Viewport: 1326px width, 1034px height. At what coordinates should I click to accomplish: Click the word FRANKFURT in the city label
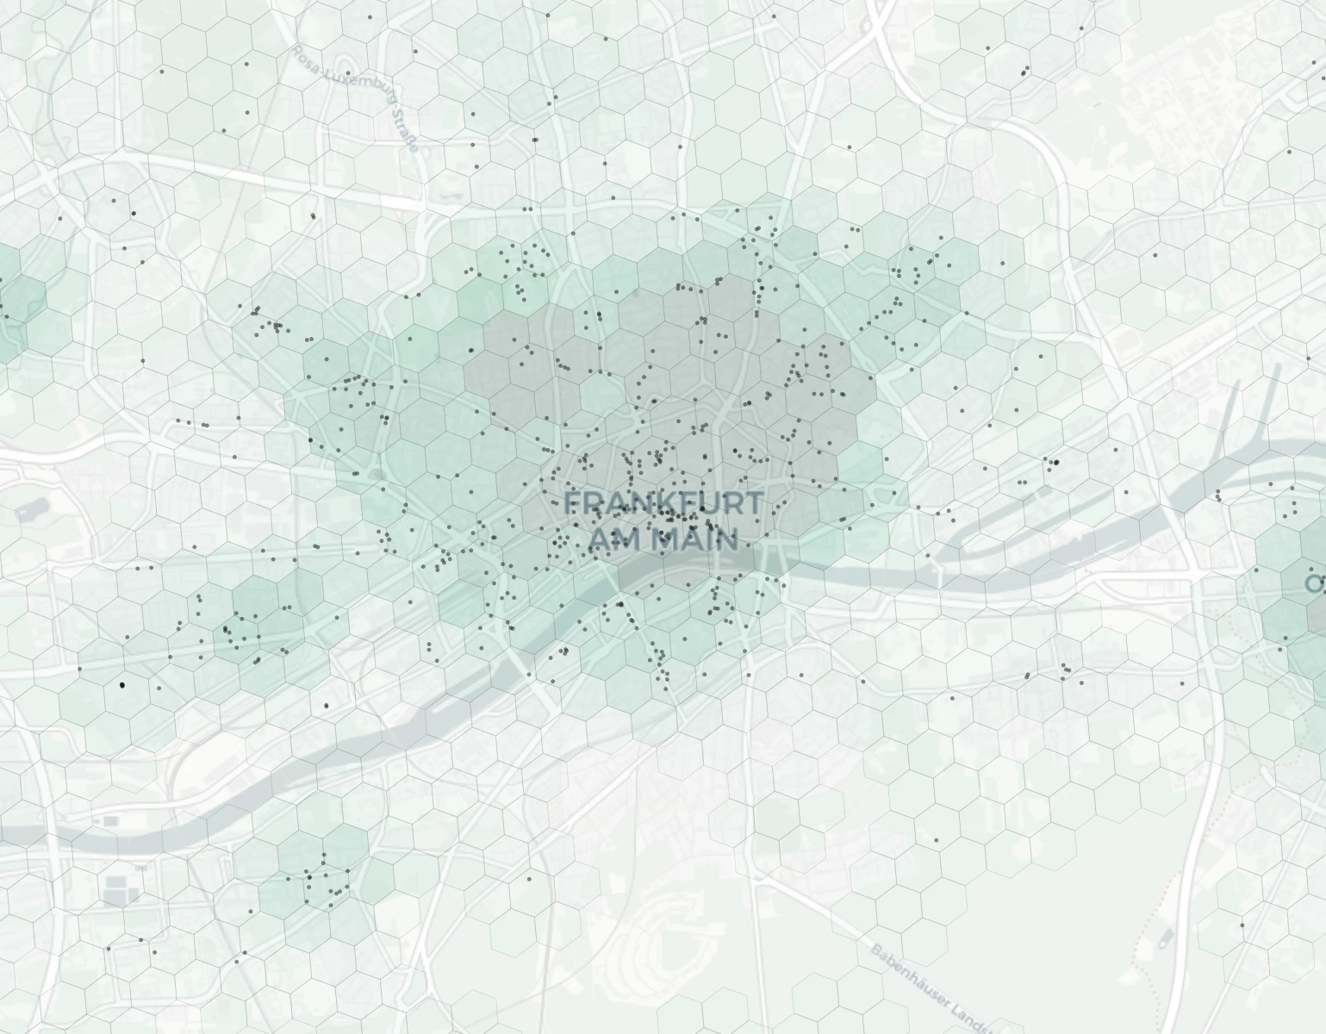(x=663, y=502)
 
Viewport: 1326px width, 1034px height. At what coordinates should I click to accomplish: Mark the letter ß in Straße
(x=408, y=136)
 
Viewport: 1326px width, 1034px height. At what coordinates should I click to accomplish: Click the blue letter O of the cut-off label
(x=1316, y=583)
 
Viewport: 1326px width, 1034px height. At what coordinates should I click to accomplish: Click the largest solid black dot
(x=122, y=685)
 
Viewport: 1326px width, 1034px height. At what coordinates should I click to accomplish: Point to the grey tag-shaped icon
(x=1167, y=937)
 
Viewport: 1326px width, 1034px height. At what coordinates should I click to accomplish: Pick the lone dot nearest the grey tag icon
(x=1242, y=925)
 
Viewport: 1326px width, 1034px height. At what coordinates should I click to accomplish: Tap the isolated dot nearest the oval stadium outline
(x=528, y=878)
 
